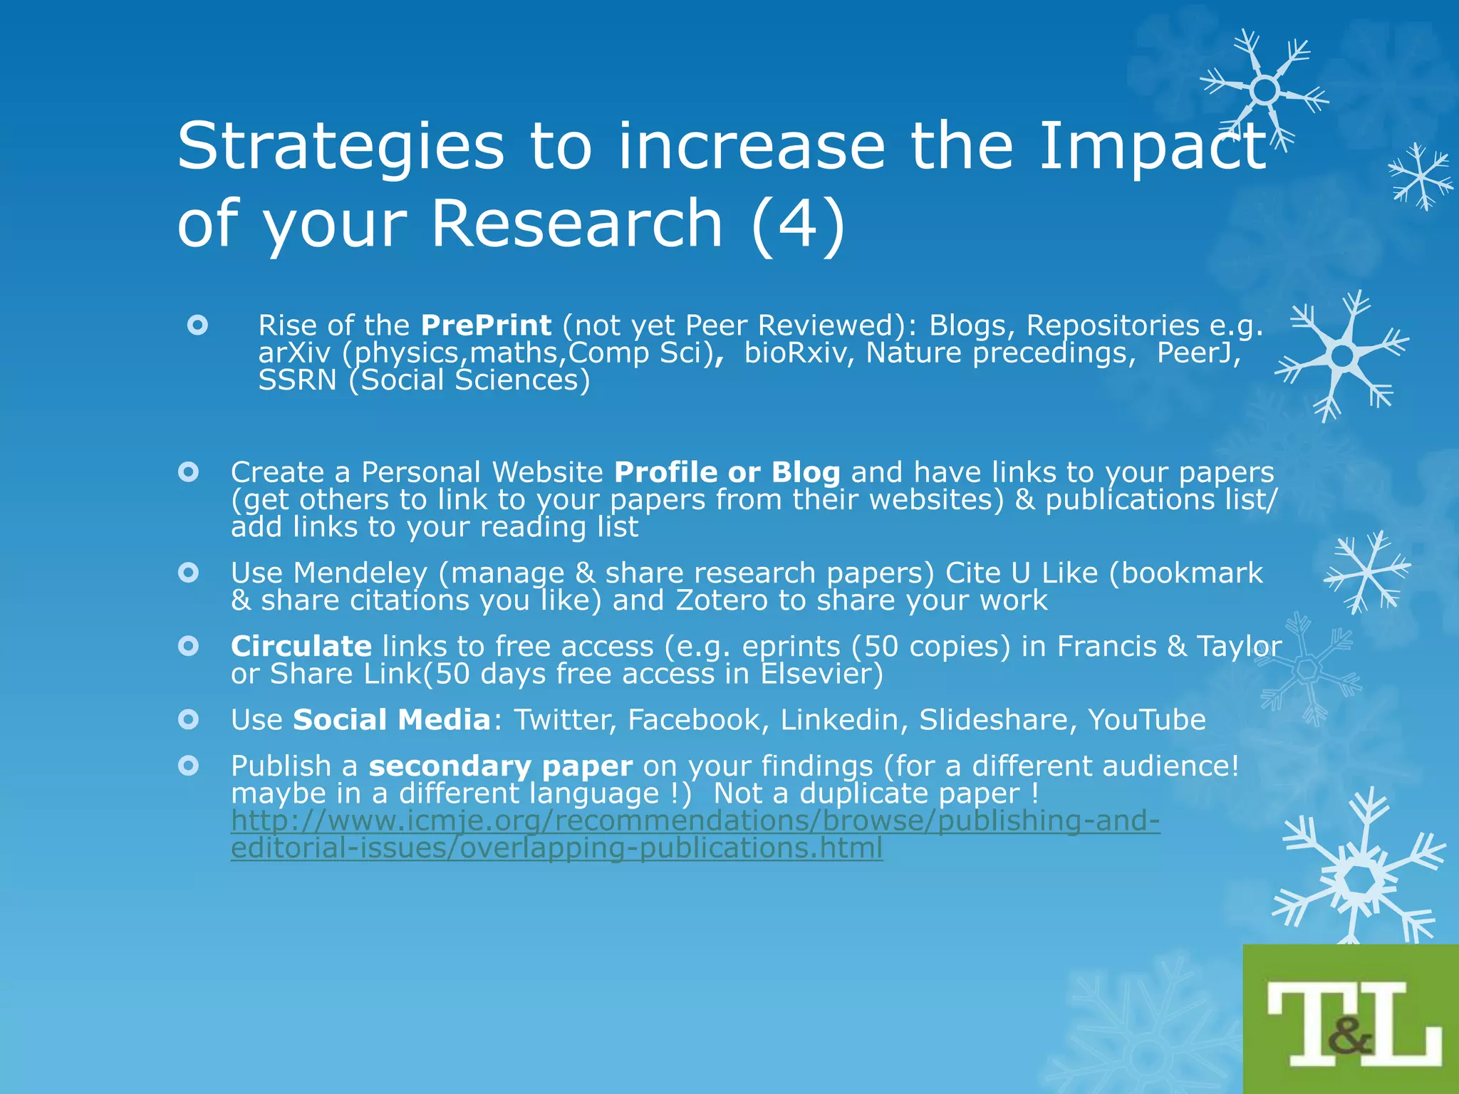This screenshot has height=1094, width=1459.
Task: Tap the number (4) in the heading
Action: [798, 224]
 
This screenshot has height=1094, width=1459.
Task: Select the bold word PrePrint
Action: [486, 325]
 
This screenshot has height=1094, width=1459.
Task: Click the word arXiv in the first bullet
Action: [294, 353]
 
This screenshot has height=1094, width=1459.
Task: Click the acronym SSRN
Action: [297, 380]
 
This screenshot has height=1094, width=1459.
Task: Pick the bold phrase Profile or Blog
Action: [727, 472]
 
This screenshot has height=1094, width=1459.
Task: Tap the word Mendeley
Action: [360, 573]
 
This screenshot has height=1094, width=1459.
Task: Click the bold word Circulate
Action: [301, 647]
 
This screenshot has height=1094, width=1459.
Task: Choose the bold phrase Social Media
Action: [392, 720]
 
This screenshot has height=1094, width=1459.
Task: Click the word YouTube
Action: [1146, 720]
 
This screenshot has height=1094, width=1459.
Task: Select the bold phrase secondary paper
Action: [500, 766]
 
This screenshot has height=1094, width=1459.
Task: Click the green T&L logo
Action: [1351, 1020]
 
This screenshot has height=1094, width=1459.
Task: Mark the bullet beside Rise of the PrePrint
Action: [197, 325]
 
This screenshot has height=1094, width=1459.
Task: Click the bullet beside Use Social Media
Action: [188, 719]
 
